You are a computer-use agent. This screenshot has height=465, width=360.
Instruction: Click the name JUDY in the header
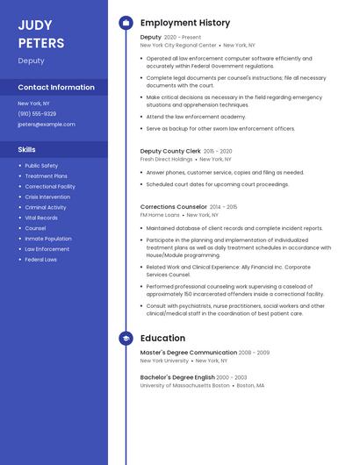tap(35, 25)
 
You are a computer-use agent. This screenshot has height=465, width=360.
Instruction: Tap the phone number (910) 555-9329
tap(37, 114)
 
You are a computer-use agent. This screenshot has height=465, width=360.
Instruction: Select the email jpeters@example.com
tap(47, 125)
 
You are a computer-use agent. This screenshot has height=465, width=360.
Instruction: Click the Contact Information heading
tap(56, 88)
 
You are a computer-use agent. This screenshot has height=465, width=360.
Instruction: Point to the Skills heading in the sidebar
tap(26, 149)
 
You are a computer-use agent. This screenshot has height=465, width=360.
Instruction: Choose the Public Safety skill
tap(41, 166)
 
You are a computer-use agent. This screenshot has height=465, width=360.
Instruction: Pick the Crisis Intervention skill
tap(47, 197)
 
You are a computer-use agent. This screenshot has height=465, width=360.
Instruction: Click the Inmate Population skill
tap(48, 239)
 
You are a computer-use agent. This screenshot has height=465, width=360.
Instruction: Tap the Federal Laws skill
tap(40, 260)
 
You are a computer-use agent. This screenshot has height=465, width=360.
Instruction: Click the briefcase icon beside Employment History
tap(126, 23)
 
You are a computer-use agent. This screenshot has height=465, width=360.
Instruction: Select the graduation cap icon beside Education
tap(126, 338)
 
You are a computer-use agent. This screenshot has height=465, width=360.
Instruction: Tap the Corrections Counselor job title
tap(174, 207)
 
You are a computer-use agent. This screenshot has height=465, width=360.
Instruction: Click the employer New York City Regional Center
tap(178, 45)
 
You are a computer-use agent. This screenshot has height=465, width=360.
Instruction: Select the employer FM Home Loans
tap(160, 215)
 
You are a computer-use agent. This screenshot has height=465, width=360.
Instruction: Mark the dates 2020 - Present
tap(183, 38)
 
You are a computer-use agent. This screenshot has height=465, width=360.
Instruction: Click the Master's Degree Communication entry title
tap(189, 353)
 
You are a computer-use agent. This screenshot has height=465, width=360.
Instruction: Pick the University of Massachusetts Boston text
tap(185, 385)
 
